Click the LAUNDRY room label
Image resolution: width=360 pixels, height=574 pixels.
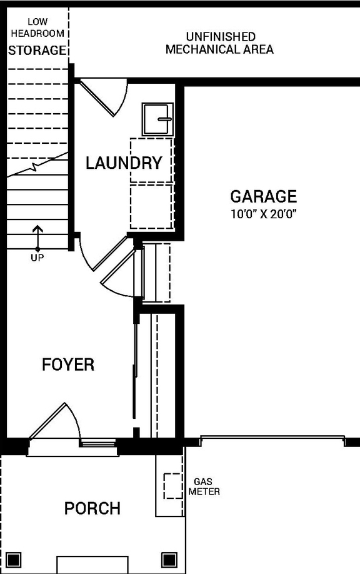[x=124, y=164]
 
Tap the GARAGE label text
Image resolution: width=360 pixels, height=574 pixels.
[x=263, y=196]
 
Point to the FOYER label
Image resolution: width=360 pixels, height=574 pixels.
[x=68, y=365]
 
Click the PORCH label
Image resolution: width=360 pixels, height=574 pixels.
[x=92, y=508]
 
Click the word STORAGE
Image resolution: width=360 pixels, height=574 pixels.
[x=37, y=51]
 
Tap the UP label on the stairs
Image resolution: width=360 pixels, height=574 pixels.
[x=37, y=257]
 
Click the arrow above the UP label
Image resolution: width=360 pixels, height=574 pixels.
[x=37, y=236]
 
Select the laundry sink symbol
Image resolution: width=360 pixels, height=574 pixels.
[x=157, y=119]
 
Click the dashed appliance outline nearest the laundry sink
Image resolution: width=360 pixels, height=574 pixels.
[x=151, y=160]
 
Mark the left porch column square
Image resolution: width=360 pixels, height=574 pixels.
[x=15, y=558]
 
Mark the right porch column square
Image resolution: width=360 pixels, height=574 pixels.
[x=169, y=558]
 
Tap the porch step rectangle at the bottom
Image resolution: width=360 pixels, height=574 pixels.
[x=92, y=565]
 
